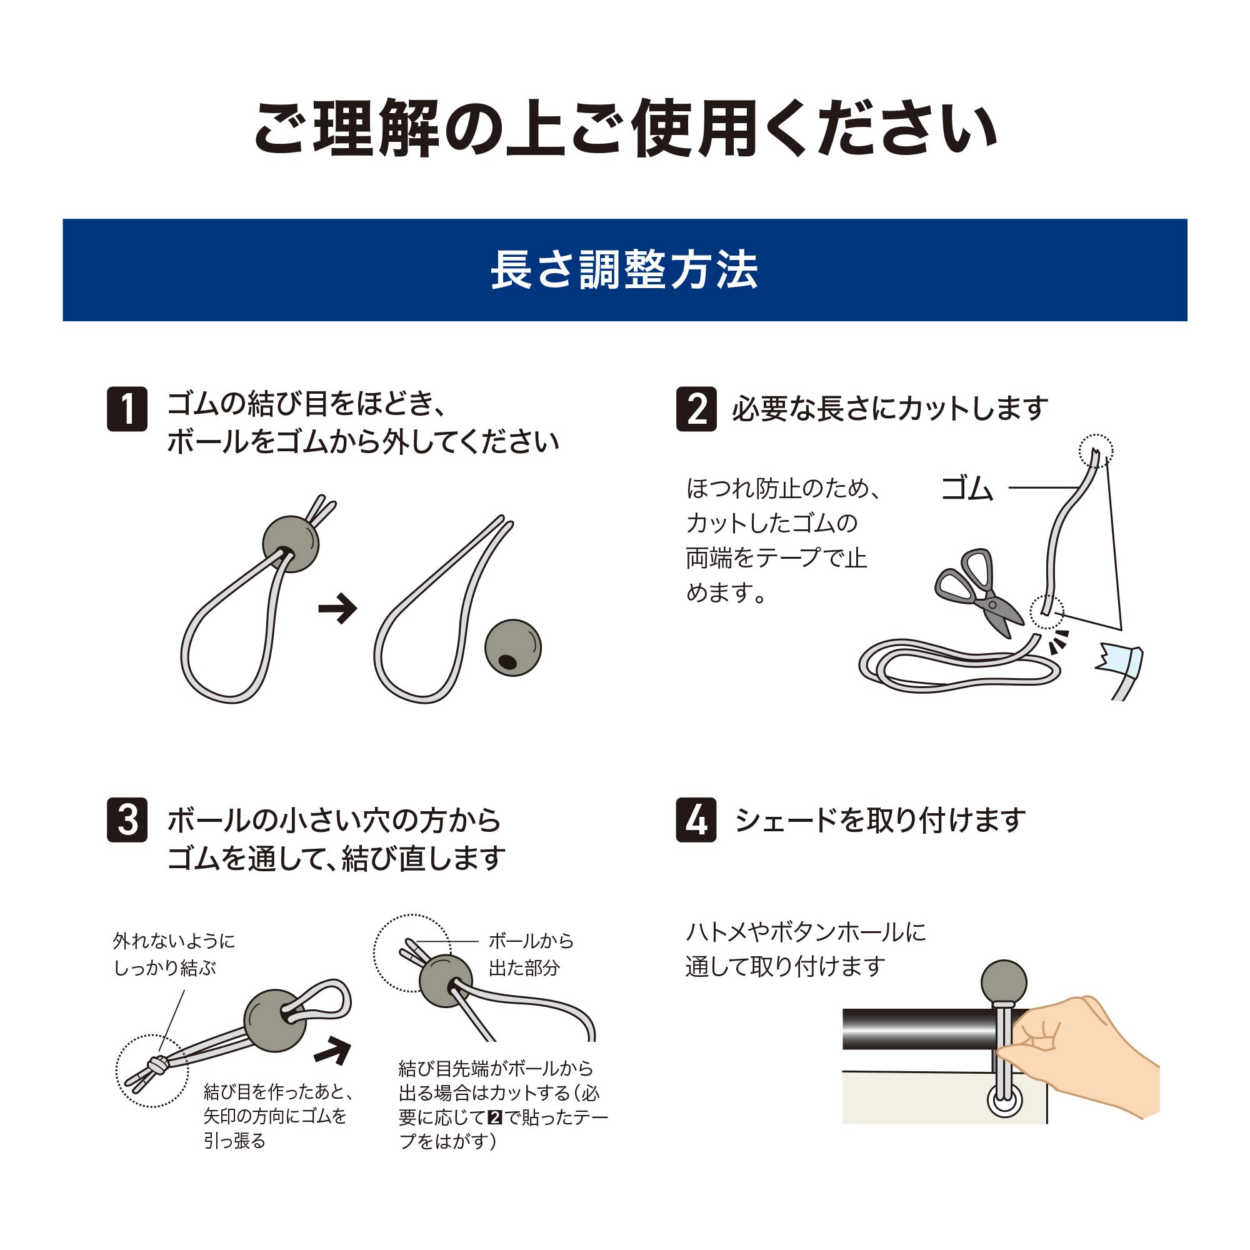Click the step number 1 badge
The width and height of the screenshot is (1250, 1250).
(127, 409)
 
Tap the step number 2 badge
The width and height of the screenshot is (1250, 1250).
(696, 409)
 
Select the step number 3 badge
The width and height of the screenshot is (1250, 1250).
(127, 820)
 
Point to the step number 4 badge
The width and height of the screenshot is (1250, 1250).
(696, 820)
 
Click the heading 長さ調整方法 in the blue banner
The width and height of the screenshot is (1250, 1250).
(624, 270)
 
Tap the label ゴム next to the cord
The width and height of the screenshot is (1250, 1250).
(966, 489)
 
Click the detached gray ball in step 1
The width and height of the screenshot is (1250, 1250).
(513, 647)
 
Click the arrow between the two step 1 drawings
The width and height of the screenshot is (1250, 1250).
(337, 609)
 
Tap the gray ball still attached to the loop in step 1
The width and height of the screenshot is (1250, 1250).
(291, 544)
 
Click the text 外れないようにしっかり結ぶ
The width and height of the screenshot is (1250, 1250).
(173, 954)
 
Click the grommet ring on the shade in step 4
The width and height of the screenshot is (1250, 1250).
(1004, 1099)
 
